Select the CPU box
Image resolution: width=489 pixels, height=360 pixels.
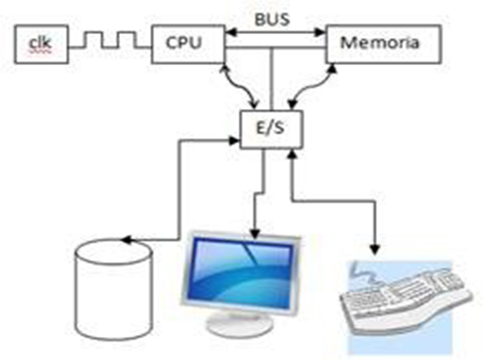tap(188, 44)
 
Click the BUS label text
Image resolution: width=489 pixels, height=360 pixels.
tap(272, 20)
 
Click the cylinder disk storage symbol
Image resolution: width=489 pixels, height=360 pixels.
tap(114, 289)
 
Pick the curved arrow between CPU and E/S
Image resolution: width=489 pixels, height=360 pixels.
tap(239, 85)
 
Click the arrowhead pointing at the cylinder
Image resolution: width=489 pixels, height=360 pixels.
tap(125, 240)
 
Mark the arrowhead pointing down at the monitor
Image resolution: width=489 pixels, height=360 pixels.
tap(254, 233)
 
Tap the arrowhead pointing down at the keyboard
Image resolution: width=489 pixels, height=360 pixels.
tap(375, 251)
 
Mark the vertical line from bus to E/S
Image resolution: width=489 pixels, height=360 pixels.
tap(272, 77)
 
